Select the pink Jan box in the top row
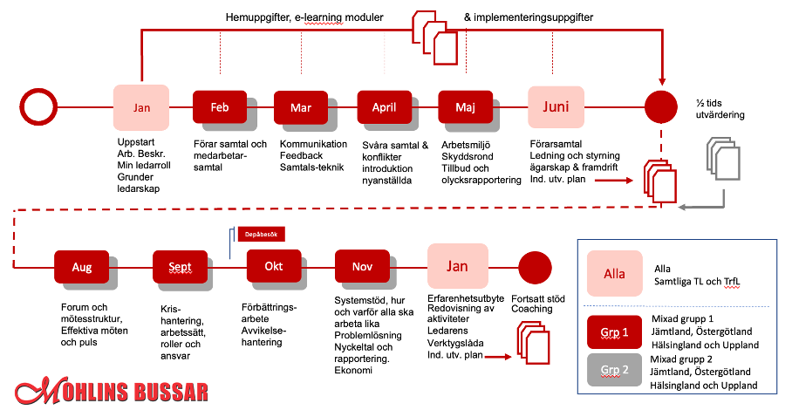pyautogui.click(x=141, y=106)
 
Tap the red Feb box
pyautogui.click(x=220, y=107)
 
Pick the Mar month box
pyautogui.click(x=301, y=107)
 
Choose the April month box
pyautogui.click(x=384, y=107)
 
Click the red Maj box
pyautogui.click(x=465, y=107)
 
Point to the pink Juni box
pyautogui.click(x=556, y=106)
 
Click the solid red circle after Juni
pyautogui.click(x=660, y=106)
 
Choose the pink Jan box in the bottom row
pyautogui.click(x=456, y=266)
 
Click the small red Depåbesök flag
pyautogui.click(x=261, y=234)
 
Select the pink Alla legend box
pyautogui.click(x=614, y=273)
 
